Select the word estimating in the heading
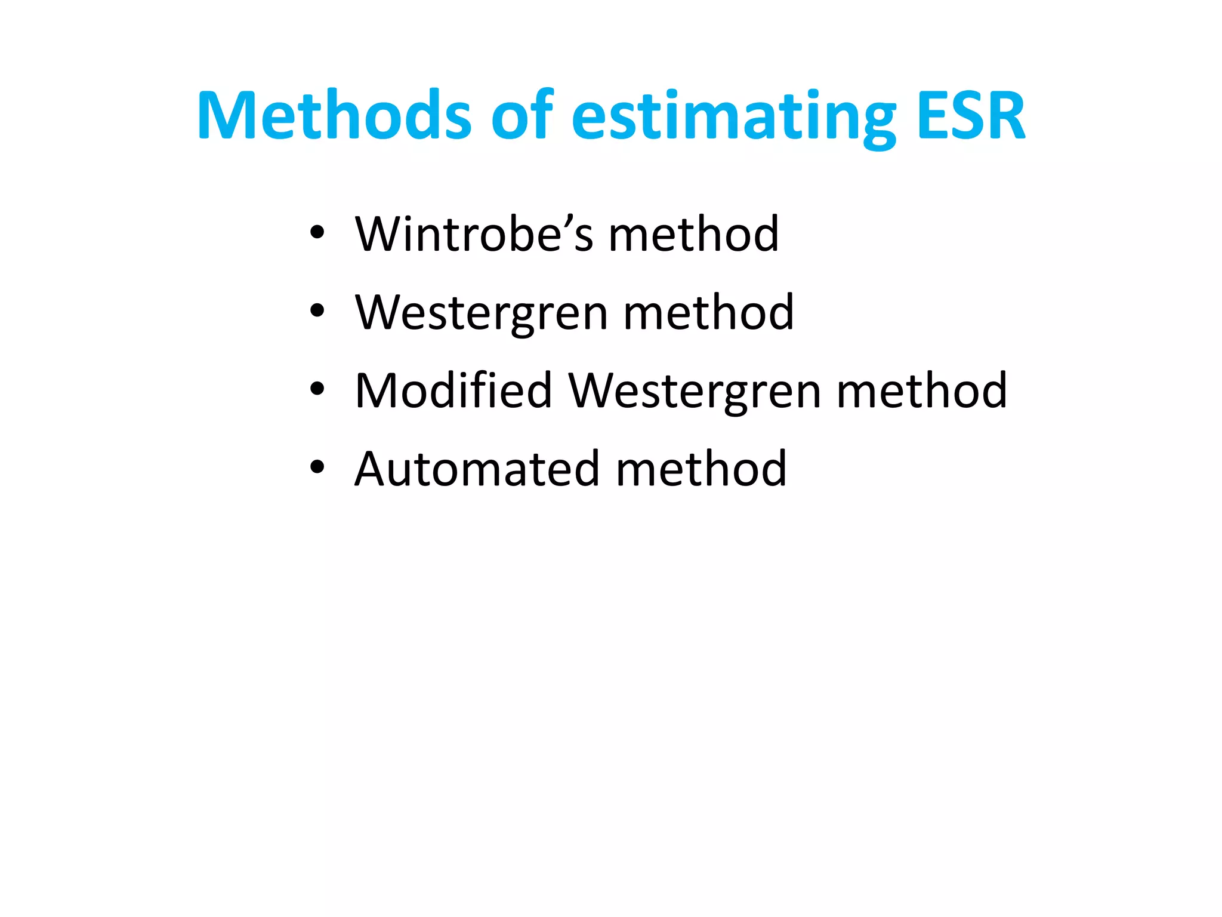point(734,116)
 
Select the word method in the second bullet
point(708,312)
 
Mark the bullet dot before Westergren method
point(317,311)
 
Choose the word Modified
point(453,390)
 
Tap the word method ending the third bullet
point(922,390)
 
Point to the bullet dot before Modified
point(317,389)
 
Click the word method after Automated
point(701,469)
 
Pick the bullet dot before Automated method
point(317,467)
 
